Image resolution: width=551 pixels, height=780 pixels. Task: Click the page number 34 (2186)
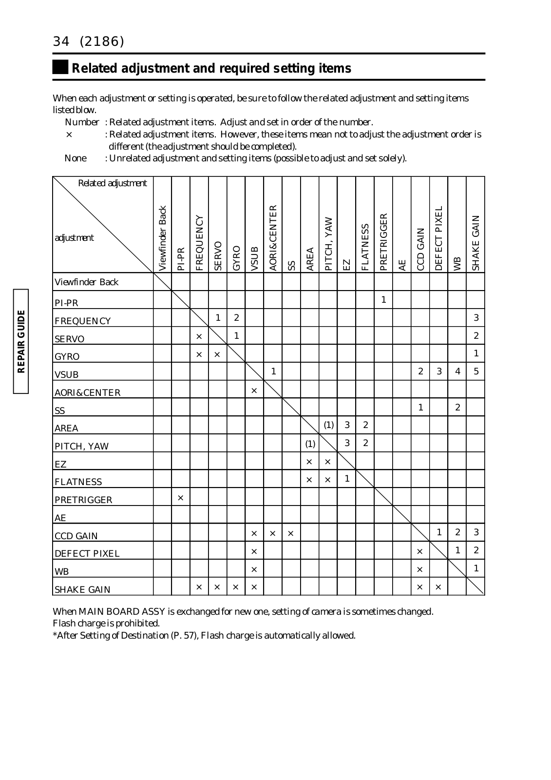coord(88,42)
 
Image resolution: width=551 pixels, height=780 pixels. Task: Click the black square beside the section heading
coord(60,67)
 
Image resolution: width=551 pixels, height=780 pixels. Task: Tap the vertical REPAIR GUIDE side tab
coord(20,341)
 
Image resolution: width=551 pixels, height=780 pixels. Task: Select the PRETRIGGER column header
coord(383,241)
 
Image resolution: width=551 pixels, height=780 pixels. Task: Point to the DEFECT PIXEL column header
coord(439,238)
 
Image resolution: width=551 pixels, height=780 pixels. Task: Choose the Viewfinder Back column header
coord(163,238)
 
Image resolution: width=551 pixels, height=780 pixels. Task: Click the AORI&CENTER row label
coord(88,393)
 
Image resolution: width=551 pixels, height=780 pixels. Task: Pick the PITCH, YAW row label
coord(82,447)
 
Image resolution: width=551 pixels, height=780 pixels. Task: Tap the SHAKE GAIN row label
coord(83,590)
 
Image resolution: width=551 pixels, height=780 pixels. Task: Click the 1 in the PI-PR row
coord(384,300)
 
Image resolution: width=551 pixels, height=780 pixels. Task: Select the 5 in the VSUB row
coord(476,371)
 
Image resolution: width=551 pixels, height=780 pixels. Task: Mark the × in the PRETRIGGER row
coord(181,498)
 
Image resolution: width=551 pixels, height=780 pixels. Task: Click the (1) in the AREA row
coord(329,425)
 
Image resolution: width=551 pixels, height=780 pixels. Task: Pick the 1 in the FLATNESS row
coord(347,479)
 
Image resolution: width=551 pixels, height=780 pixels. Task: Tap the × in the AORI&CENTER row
coord(254,390)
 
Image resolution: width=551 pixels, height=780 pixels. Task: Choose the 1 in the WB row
coord(476,568)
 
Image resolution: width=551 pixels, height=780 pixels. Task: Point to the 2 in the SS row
coord(457,407)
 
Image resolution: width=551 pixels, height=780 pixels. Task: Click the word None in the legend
coord(76,158)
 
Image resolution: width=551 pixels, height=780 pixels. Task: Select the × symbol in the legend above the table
coord(69,134)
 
